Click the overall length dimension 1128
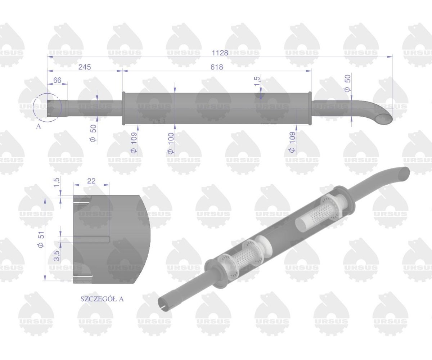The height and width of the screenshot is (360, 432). [x=220, y=53]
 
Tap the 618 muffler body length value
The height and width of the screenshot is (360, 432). [x=217, y=67]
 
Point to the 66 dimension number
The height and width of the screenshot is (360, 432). [x=57, y=80]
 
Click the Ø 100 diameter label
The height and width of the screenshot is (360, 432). [x=170, y=143]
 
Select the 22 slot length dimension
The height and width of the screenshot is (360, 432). [x=91, y=181]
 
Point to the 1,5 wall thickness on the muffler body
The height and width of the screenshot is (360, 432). [x=257, y=81]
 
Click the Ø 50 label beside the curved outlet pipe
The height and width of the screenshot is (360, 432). [x=347, y=84]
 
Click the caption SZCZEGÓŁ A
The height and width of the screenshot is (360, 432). [x=102, y=299]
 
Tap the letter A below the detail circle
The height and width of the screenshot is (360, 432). [x=39, y=127]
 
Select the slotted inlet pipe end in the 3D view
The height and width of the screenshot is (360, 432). [x=164, y=303]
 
